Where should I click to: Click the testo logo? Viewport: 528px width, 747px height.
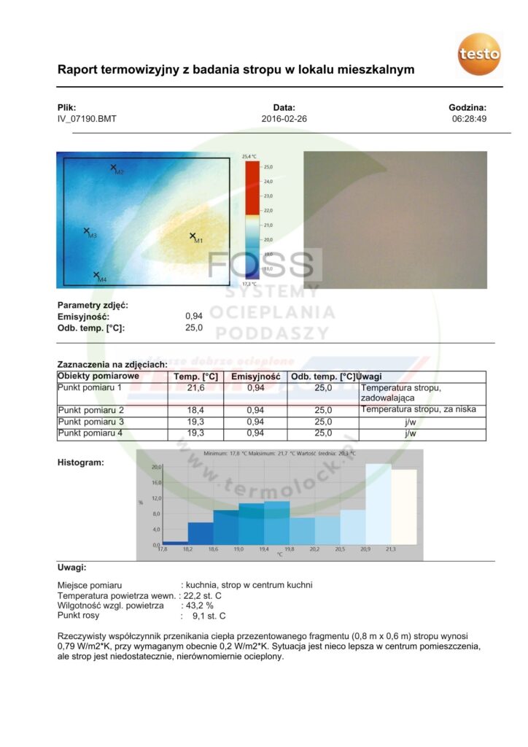(479, 54)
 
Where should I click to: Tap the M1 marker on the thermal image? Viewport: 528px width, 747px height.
(193, 236)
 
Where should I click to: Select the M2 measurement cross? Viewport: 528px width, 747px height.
(113, 167)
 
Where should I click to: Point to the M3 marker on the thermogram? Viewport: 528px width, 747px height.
(86, 231)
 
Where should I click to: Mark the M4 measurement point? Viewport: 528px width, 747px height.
(96, 275)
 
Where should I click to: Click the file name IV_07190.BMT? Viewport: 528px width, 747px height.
(87, 118)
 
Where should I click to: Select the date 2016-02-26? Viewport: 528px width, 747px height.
(284, 118)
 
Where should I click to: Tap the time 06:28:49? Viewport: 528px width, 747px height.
(470, 118)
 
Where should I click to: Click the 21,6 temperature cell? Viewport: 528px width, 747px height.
(196, 388)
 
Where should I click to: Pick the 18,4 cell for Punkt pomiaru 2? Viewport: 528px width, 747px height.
(196, 411)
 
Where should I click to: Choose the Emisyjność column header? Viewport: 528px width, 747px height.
(256, 376)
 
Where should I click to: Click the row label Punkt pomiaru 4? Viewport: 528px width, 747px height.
(91, 433)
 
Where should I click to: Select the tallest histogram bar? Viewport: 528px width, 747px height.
(378, 503)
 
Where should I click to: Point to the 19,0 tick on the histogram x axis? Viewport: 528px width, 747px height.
(238, 549)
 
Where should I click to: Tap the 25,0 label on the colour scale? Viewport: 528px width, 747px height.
(268, 167)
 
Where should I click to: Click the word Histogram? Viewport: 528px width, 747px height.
(81, 462)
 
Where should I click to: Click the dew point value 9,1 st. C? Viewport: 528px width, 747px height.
(209, 616)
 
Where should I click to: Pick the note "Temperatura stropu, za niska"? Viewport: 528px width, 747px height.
(418, 409)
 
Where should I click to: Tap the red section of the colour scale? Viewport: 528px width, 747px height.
(251, 187)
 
